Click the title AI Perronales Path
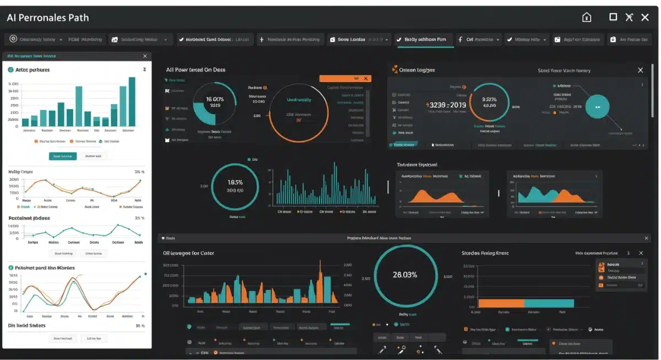click(x=47, y=18)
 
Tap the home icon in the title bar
click(x=587, y=17)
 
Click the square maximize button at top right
click(x=613, y=17)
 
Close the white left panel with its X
click(x=145, y=56)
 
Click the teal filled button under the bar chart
click(x=63, y=156)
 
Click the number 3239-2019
click(x=446, y=105)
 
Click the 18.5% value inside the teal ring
click(x=235, y=182)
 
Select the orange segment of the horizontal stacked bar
click(x=501, y=303)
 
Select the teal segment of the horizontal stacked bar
click(x=549, y=303)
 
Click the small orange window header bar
click(x=345, y=79)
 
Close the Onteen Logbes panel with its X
click(x=640, y=70)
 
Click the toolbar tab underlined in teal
click(x=425, y=40)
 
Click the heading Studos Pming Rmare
click(x=485, y=253)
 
